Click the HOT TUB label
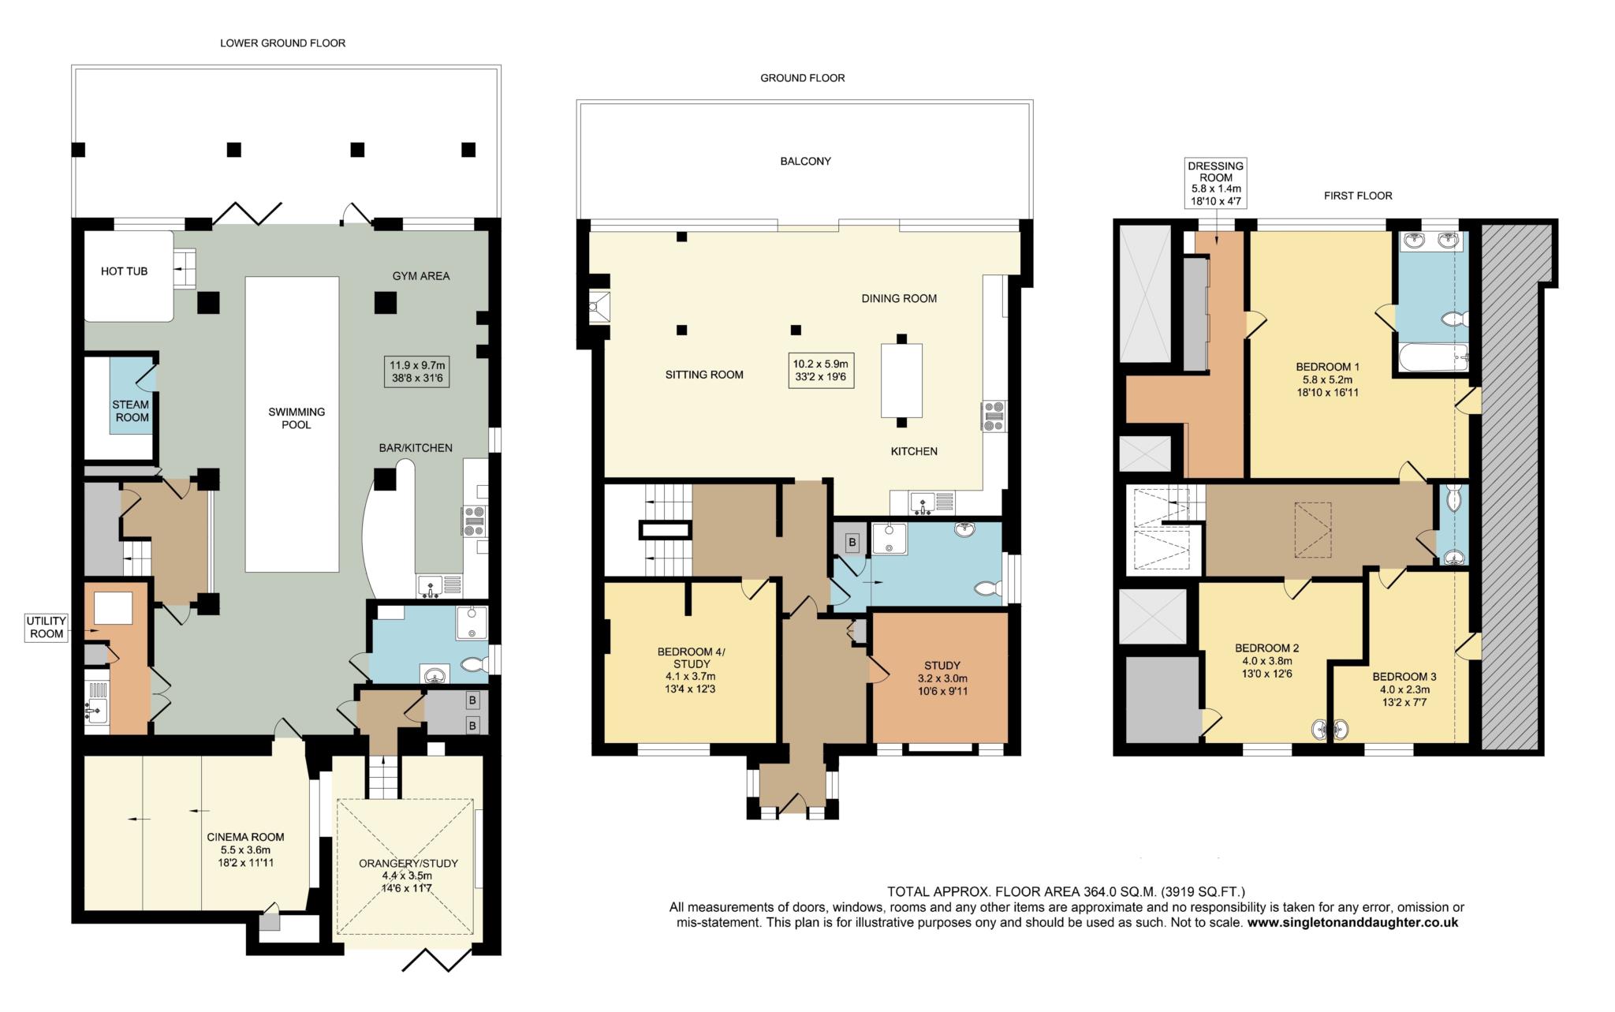124,271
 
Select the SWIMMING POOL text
297,418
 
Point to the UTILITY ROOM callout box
47,627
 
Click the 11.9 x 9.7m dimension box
417,372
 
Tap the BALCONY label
806,161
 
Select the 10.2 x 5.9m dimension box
820,370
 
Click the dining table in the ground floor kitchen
901,380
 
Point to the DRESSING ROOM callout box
1215,183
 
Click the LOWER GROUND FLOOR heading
282,43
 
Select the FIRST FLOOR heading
1358,196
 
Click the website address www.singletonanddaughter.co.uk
1352,922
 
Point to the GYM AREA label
421,276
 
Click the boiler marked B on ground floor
852,542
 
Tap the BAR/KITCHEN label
416,448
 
